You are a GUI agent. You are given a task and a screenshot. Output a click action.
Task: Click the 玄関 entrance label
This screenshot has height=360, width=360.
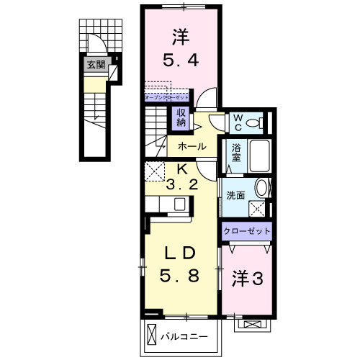95,66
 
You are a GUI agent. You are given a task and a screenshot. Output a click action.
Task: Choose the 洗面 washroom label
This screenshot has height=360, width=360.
235,194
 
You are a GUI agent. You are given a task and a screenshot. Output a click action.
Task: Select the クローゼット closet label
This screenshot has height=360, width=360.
248,232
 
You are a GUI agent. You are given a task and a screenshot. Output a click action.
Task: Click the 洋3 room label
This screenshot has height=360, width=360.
246,279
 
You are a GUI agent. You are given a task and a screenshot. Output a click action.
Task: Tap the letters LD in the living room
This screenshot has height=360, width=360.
179,253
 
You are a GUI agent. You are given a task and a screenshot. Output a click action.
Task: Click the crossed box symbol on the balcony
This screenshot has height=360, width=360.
151,335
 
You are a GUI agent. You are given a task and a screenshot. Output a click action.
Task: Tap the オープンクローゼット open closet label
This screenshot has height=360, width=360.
167,96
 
